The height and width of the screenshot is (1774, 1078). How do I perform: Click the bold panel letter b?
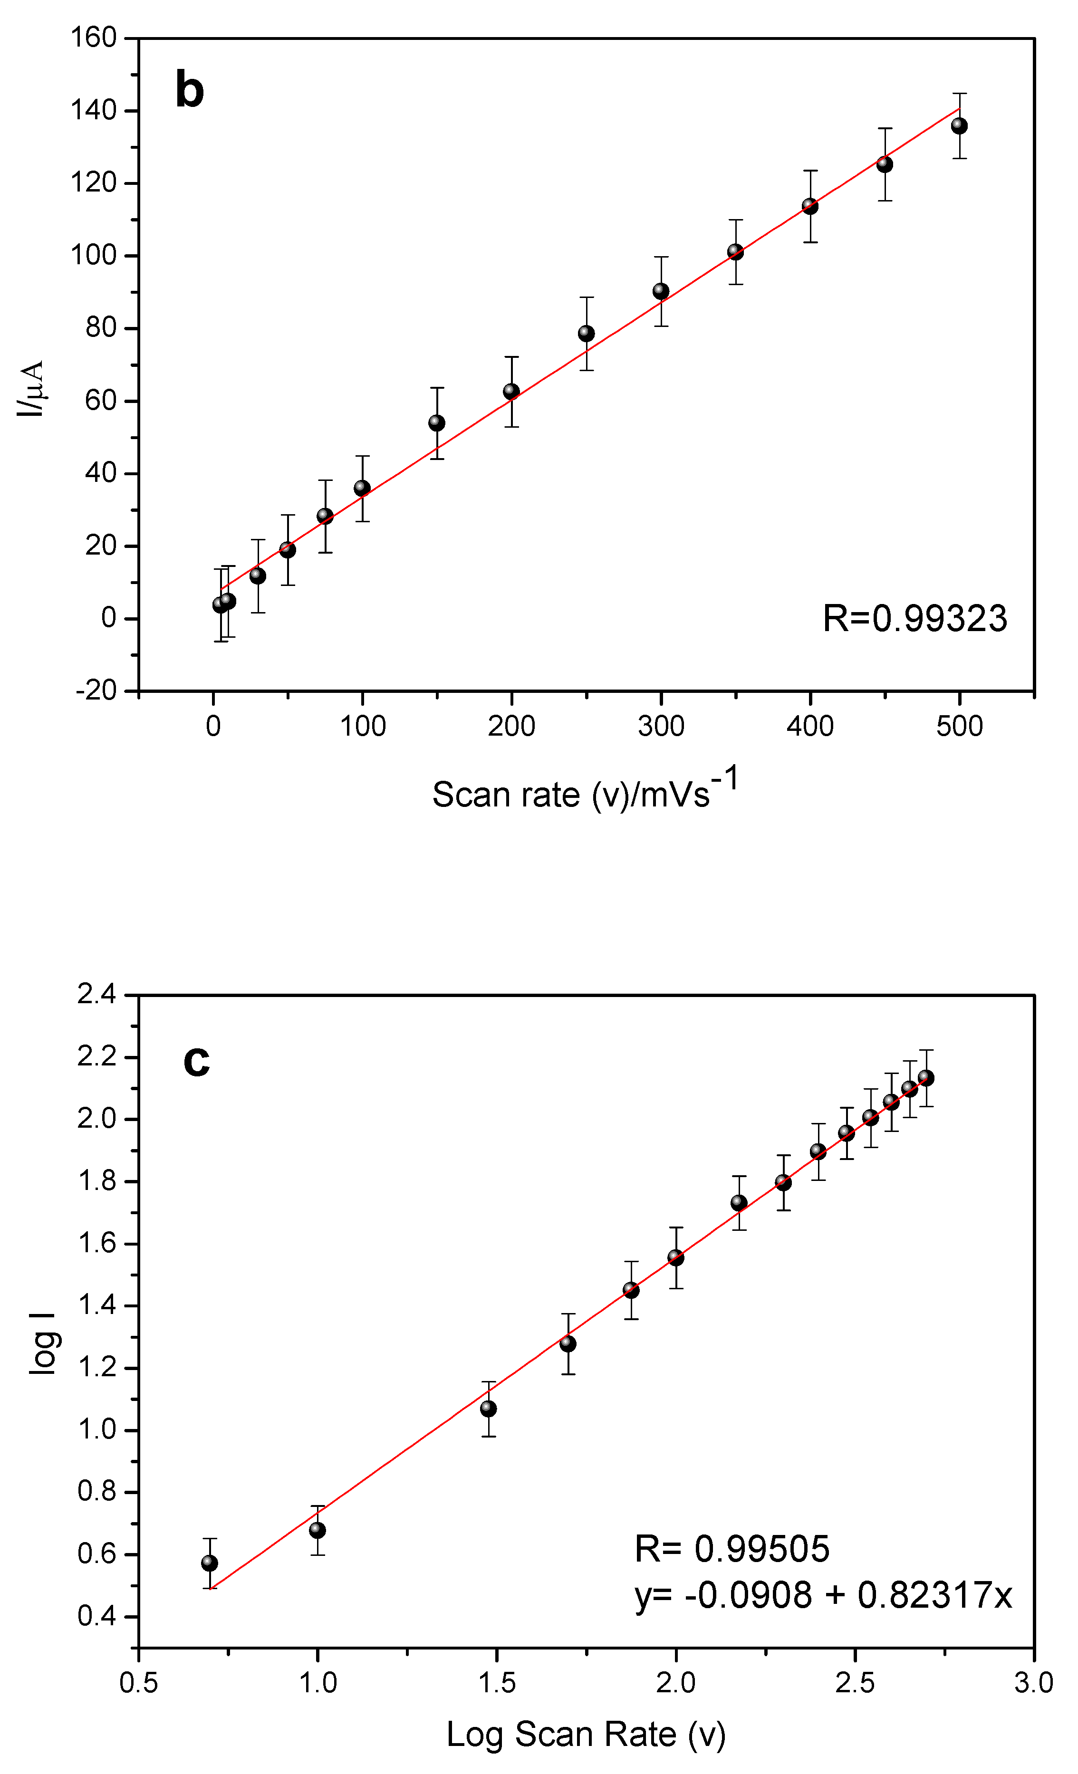point(189,91)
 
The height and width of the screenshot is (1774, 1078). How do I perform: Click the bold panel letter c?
point(197,1061)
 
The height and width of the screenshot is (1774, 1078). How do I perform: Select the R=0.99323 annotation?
point(914,618)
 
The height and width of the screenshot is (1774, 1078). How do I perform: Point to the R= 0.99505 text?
point(731,1549)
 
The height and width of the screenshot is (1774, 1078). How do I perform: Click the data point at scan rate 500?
point(959,126)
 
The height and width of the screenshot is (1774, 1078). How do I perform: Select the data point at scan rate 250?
point(586,333)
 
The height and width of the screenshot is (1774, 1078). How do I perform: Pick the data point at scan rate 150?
point(436,422)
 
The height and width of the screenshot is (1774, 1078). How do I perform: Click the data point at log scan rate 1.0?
point(318,1530)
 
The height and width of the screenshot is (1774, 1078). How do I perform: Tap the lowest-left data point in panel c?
point(210,1563)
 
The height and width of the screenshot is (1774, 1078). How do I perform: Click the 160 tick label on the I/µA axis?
point(94,38)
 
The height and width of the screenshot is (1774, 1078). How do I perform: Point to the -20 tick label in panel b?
point(96,690)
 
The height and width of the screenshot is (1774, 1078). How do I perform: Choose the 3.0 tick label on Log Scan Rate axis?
point(1033,1683)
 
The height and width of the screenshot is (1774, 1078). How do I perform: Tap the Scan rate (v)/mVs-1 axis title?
point(585,792)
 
